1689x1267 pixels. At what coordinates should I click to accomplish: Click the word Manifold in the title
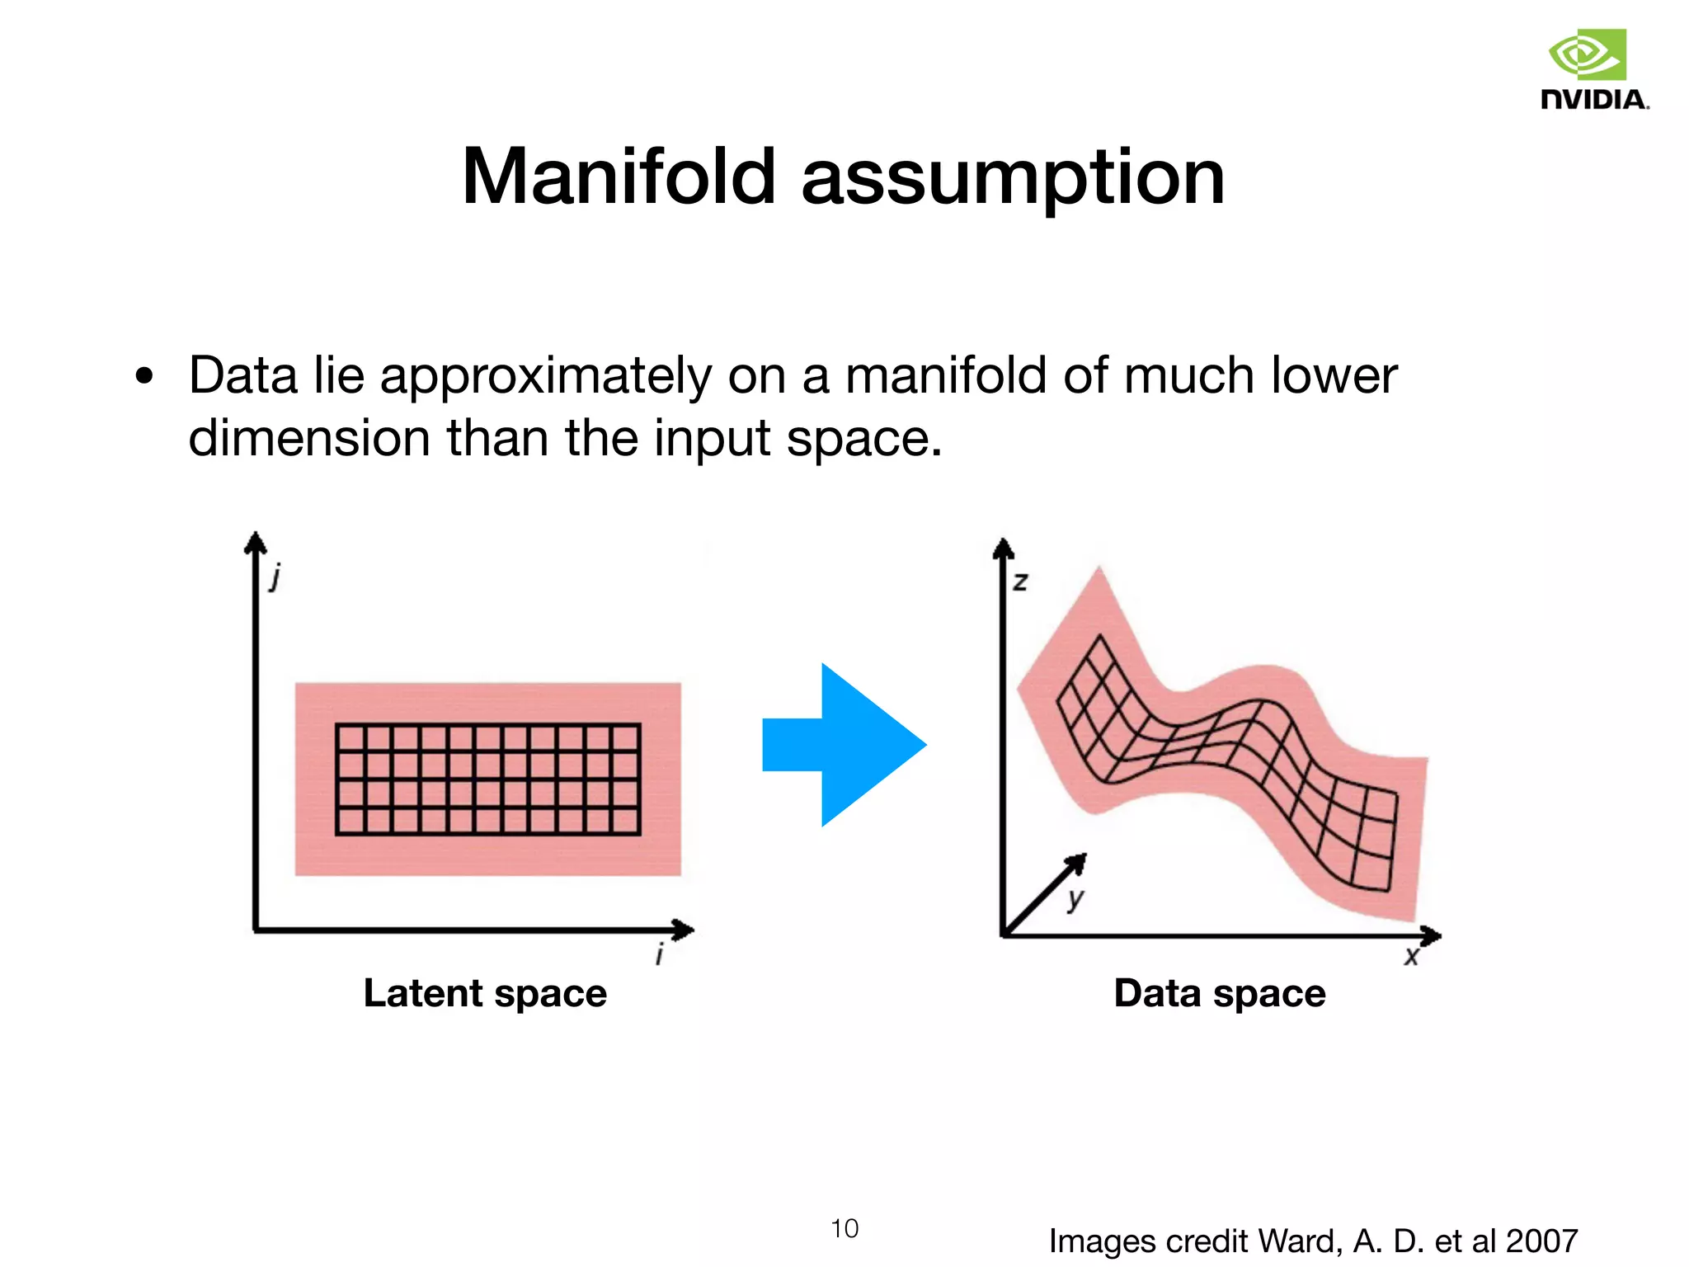pyautogui.click(x=619, y=177)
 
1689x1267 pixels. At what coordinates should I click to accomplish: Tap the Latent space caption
pyautogui.click(x=485, y=993)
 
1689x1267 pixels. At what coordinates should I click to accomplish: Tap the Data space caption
pyautogui.click(x=1220, y=993)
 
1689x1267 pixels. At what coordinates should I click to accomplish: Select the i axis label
pyautogui.click(x=659, y=955)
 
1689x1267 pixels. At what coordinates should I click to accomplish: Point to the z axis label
pyautogui.click(x=1021, y=582)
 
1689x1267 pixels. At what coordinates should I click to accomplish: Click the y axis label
pyautogui.click(x=1075, y=899)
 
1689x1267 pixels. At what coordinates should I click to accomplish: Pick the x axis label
pyautogui.click(x=1412, y=957)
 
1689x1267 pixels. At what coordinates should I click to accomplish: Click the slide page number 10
pyautogui.click(x=844, y=1229)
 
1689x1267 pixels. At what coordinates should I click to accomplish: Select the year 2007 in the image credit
pyautogui.click(x=1541, y=1241)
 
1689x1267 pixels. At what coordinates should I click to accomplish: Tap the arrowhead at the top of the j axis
pyautogui.click(x=256, y=541)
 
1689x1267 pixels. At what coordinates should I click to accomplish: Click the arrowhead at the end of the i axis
pyautogui.click(x=685, y=930)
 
